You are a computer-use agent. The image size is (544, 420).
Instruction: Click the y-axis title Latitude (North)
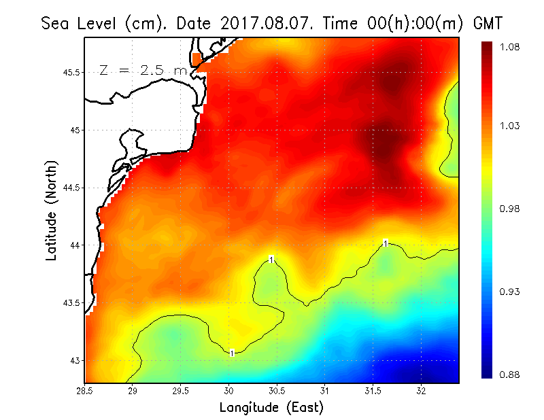[x=51, y=211]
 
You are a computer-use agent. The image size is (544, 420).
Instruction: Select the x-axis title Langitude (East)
[x=271, y=407]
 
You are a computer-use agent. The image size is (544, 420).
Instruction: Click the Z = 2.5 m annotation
[x=143, y=70]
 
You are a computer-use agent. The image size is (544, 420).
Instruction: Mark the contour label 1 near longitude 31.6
[x=386, y=243]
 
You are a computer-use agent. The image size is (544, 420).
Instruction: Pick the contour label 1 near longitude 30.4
[x=271, y=260]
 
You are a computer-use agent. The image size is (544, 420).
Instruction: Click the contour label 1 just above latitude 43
[x=232, y=353]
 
